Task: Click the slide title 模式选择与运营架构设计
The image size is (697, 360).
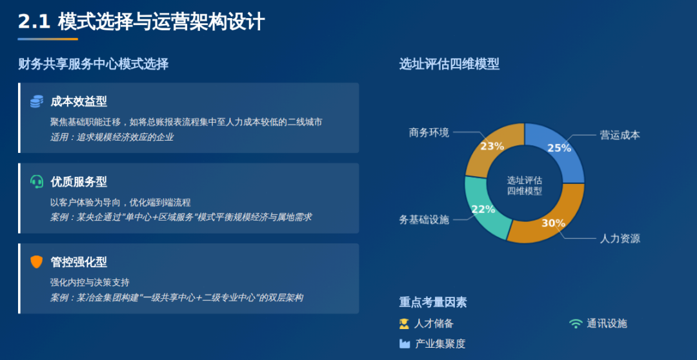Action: pos(161,22)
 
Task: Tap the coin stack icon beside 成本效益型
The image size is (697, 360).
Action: pos(36,102)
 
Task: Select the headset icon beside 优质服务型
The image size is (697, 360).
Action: pos(36,182)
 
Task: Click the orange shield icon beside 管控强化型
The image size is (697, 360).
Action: pos(36,262)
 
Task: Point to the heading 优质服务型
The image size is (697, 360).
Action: pos(79,182)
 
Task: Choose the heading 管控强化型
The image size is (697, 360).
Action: pos(79,262)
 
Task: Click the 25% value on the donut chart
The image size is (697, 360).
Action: pos(559,148)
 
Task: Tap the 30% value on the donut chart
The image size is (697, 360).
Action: pos(553,223)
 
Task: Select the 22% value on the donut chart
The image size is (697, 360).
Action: pos(483,209)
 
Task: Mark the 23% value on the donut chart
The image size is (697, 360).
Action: pos(492,146)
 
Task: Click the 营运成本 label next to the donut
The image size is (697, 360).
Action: pos(620,135)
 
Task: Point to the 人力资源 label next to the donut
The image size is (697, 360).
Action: pos(620,239)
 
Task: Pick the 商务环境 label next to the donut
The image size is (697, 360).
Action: pos(429,132)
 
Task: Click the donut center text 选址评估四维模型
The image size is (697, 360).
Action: pos(525,186)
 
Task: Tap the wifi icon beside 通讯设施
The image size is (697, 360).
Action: pos(576,324)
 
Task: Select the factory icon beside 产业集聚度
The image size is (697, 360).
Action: pos(404,344)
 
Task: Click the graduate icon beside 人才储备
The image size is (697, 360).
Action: pos(404,324)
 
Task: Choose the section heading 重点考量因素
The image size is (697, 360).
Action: pos(433,303)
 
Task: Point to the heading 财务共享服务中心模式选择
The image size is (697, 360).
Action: pos(94,65)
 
